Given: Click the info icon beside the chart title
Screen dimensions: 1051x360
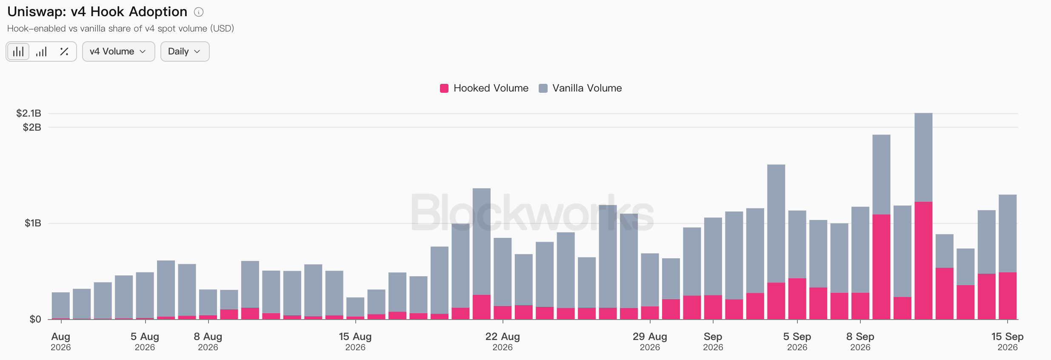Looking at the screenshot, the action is point(198,12).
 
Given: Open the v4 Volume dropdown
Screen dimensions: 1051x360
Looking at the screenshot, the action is point(118,51).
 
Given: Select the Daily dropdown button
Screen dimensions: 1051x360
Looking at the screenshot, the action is point(185,51).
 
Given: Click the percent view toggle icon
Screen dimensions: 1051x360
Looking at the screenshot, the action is point(64,51).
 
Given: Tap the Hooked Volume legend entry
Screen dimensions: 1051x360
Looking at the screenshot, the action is point(484,88).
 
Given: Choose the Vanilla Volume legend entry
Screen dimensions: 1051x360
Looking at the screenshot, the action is point(580,88).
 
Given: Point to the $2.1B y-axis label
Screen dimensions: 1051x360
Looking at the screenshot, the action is point(29,113).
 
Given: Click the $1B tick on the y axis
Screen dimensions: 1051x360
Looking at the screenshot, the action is point(33,223).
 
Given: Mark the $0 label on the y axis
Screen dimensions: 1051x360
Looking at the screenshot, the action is point(35,319).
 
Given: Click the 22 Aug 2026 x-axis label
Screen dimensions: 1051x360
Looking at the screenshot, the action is point(503,342).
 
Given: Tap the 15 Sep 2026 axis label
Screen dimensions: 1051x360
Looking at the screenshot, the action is point(1007,342).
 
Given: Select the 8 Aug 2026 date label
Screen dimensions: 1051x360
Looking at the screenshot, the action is point(208,342).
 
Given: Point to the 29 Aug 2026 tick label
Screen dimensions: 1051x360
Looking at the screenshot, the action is point(650,342).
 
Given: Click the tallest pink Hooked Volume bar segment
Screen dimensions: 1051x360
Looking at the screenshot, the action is point(923,260).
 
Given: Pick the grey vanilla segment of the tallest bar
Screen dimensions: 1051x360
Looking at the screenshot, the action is point(923,157).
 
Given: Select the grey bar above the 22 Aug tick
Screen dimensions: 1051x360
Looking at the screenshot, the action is point(503,272).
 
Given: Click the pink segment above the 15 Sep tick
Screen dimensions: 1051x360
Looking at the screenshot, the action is point(1008,296).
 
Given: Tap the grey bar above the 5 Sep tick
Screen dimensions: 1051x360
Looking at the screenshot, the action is point(797,245).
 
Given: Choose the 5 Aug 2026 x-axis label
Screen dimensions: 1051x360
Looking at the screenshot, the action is point(145,342).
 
